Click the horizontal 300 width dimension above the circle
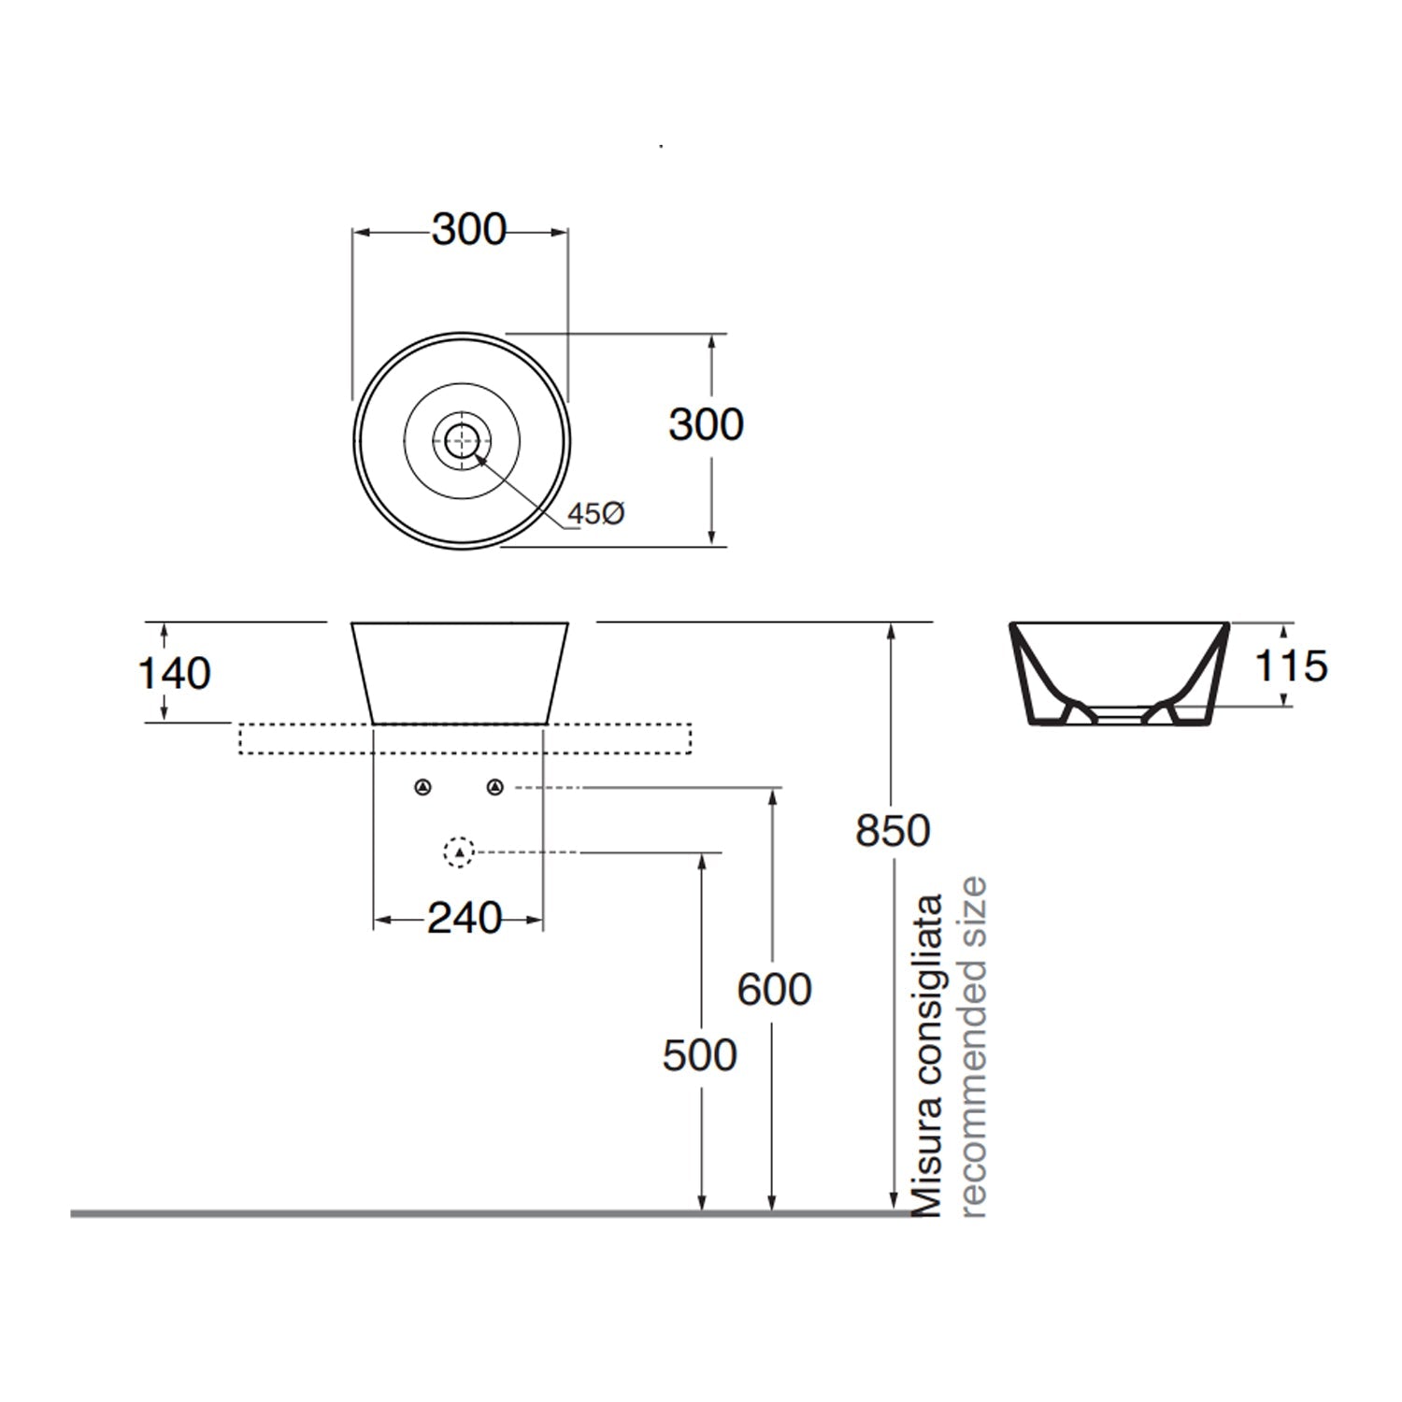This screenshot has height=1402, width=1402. [468, 230]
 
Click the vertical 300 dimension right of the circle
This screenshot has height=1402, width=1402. [706, 425]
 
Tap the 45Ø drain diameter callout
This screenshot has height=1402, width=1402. [596, 513]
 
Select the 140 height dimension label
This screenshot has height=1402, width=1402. [174, 674]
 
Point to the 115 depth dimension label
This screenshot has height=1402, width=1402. [1290, 666]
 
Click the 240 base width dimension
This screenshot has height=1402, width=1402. [464, 919]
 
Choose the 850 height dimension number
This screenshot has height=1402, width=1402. [893, 831]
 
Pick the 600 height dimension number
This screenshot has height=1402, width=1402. [774, 990]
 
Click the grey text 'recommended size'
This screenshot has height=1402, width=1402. [973, 1047]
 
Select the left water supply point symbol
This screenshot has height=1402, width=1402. [423, 788]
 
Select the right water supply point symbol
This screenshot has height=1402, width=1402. [494, 788]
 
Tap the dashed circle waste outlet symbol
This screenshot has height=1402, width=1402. [458, 851]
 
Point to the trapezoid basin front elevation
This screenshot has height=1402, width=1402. [460, 673]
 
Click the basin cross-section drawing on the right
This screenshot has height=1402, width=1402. [1119, 673]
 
